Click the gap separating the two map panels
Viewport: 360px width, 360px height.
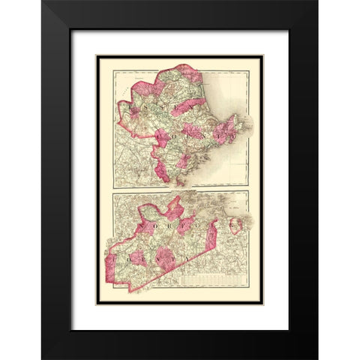pos(180,190)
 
